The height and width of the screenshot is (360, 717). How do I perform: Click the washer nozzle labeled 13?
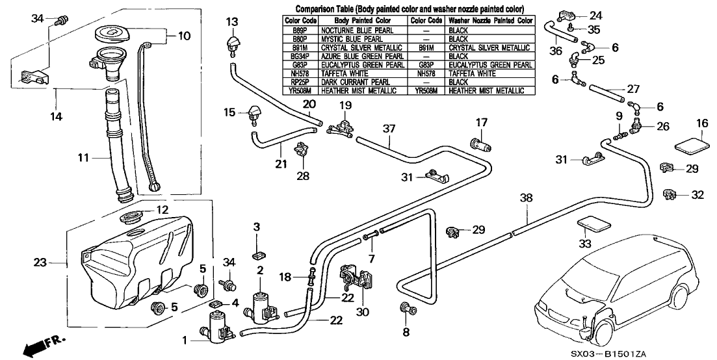[x=233, y=45]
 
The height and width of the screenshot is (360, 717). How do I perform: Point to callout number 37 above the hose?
[x=389, y=128]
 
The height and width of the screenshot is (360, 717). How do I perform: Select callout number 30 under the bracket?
[x=363, y=311]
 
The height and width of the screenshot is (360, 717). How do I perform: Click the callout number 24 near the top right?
[x=597, y=14]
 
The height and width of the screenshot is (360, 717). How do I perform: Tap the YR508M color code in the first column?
[x=300, y=92]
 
